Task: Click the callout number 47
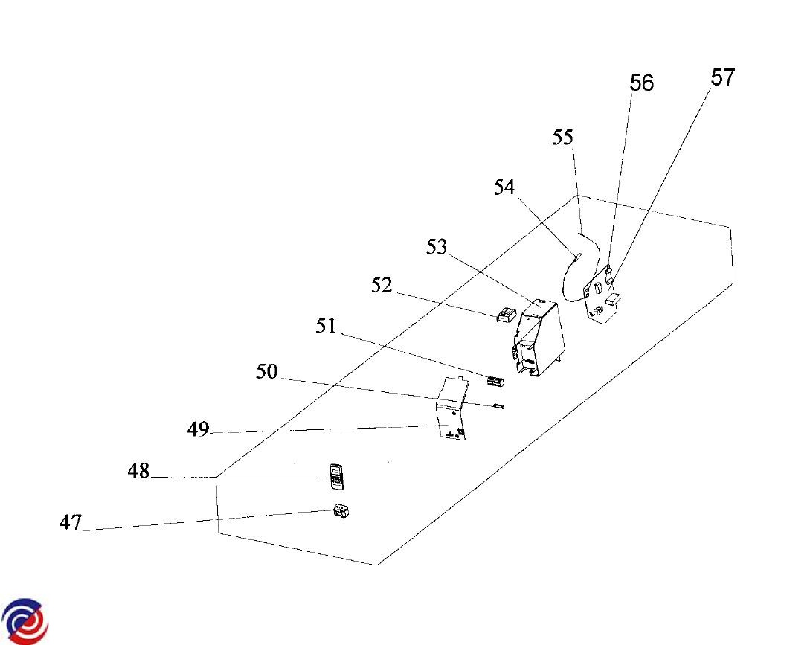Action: point(70,523)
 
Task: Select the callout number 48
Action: point(138,471)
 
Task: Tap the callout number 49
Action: point(198,429)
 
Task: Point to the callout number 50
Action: point(266,371)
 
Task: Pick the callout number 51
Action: point(327,326)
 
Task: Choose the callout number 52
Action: point(382,286)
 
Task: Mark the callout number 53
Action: point(437,246)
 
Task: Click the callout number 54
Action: point(504,187)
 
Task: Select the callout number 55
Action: point(563,138)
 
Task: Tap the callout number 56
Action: point(641,83)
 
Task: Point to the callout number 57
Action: point(722,77)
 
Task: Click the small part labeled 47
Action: point(341,513)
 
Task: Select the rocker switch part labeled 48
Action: point(336,477)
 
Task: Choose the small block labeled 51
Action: point(495,382)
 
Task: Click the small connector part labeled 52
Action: point(505,315)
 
